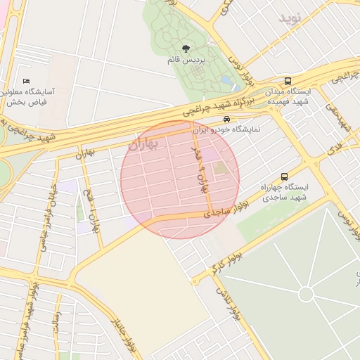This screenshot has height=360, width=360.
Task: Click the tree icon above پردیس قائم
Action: coord(186,49)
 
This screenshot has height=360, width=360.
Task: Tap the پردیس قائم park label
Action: coord(186,60)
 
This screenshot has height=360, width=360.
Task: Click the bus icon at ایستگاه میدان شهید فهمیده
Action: coord(288,81)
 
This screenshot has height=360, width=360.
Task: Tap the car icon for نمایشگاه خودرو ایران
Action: coord(226,120)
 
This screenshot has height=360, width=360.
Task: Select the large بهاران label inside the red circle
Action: coord(144,143)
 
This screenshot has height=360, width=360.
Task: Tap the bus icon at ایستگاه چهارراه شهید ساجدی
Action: coord(284,177)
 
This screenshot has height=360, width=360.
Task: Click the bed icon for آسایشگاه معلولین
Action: coord(27,82)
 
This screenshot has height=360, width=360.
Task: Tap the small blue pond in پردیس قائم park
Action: coord(226,81)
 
